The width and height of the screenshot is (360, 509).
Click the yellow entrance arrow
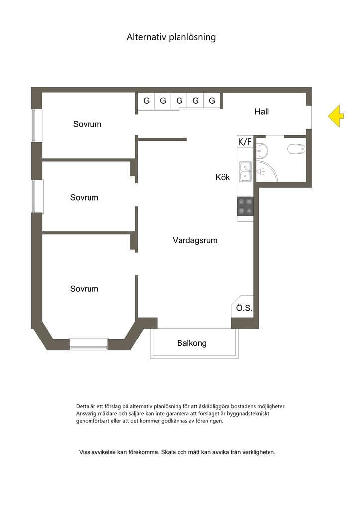point(336,116)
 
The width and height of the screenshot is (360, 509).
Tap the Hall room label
point(262,112)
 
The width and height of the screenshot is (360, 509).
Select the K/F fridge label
point(245,142)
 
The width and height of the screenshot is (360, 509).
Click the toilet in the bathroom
point(297,149)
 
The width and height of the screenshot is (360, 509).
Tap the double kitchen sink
point(245,171)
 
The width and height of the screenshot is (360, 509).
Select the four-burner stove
point(245,206)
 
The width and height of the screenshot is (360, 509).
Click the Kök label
point(223,177)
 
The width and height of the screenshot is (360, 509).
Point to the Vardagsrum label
point(195,240)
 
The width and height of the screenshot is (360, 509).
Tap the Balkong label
point(191,343)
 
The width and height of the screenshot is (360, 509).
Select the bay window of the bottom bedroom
point(89,344)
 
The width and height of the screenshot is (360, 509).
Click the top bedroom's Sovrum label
point(87,124)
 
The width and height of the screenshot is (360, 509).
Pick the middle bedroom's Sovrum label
point(84,197)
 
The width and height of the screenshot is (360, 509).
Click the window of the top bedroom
point(37,126)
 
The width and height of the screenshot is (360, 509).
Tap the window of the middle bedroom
point(37,196)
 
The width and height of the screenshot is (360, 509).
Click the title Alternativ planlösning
point(171,37)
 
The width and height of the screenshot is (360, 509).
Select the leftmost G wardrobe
point(146,100)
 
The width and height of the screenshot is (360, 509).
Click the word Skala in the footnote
point(168,452)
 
